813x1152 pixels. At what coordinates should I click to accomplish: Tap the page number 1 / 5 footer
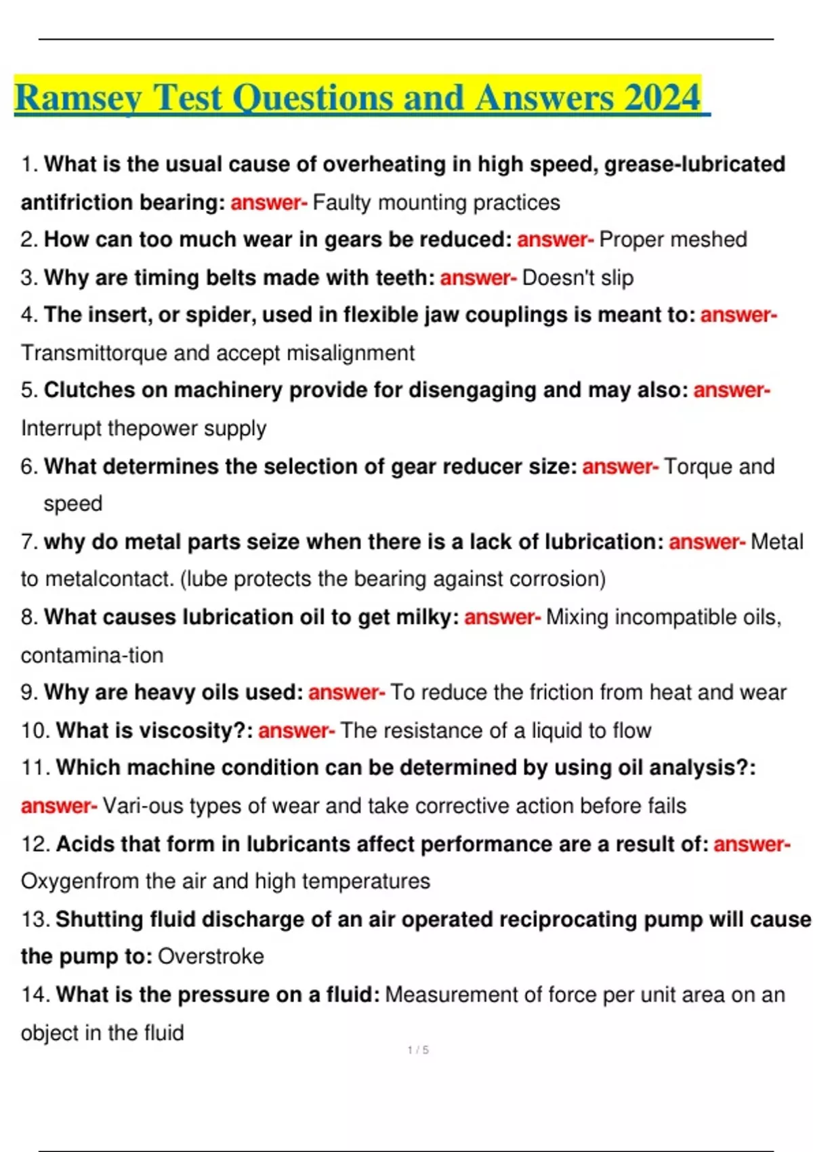point(418,1050)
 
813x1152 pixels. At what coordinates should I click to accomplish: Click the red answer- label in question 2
point(555,239)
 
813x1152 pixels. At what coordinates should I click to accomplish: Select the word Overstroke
point(211,956)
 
